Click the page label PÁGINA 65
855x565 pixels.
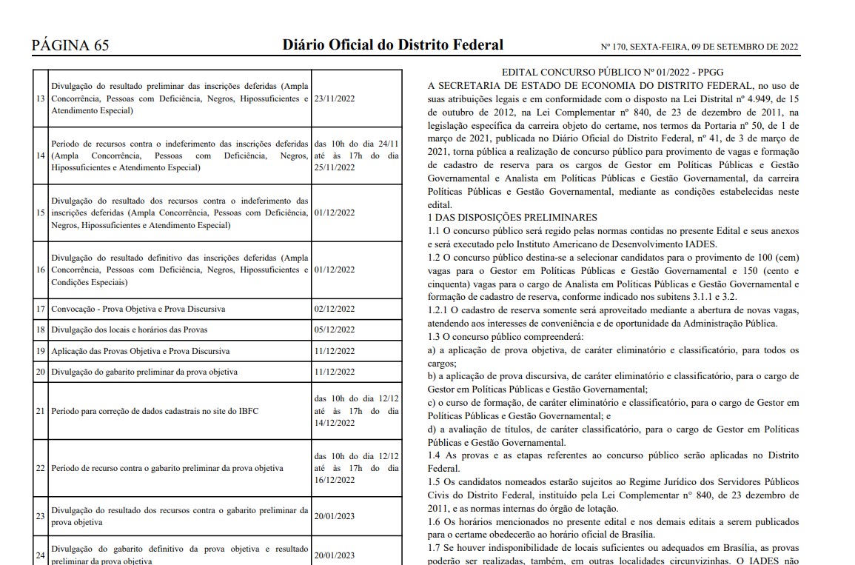click(70, 45)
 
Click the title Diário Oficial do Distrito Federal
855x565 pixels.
click(392, 44)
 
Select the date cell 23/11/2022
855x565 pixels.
click(335, 98)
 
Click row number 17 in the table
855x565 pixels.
click(41, 308)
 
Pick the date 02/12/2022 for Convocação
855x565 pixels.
click(335, 308)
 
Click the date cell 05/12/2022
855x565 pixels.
click(335, 330)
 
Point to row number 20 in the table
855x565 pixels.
click(41, 372)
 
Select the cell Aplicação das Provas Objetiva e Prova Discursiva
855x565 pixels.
click(140, 350)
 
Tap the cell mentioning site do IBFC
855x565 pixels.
click(155, 410)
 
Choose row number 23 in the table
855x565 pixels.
click(41, 516)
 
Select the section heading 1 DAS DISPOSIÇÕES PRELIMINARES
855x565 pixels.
click(512, 217)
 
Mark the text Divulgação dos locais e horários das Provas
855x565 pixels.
click(130, 330)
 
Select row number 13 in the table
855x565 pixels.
click(41, 98)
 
